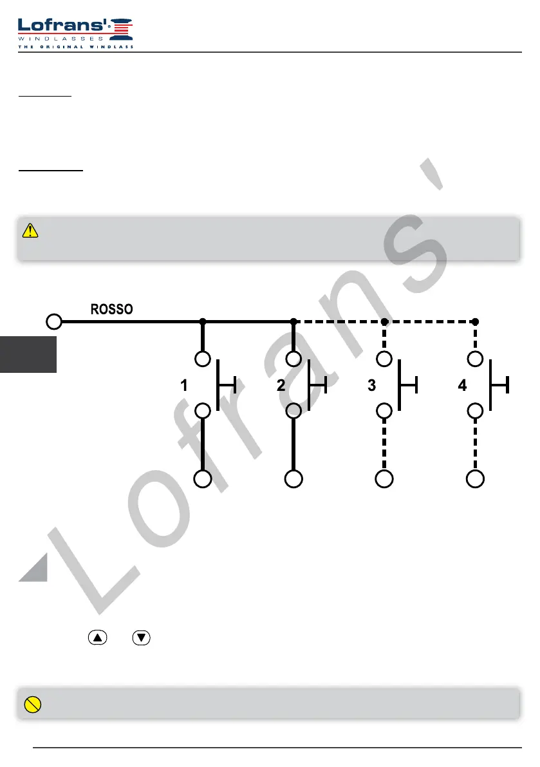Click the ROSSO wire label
click(x=111, y=309)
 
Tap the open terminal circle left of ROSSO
click(x=55, y=321)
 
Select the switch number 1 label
click(x=184, y=386)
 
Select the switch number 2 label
click(x=281, y=386)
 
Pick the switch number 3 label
click(x=371, y=386)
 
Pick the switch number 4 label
click(x=462, y=386)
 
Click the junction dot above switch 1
click(x=203, y=321)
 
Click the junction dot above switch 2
click(x=293, y=321)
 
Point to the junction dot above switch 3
click(x=384, y=321)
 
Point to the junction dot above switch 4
click(x=475, y=321)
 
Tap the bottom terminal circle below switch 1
click(x=203, y=479)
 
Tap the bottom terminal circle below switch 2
click(x=293, y=479)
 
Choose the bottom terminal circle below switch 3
click(x=384, y=479)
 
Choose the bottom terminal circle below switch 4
click(x=475, y=479)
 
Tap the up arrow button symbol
click(x=97, y=638)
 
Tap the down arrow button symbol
click(x=141, y=638)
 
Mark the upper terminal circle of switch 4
click(x=475, y=358)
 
